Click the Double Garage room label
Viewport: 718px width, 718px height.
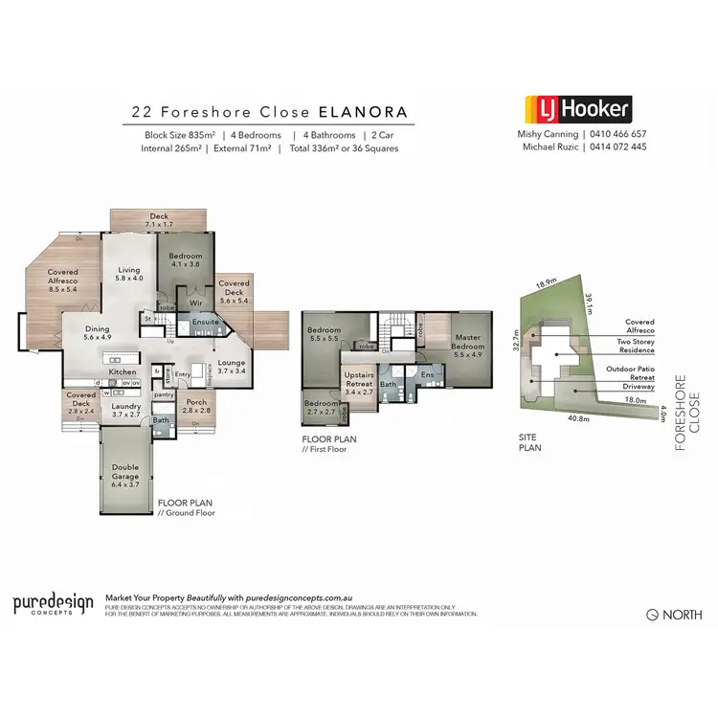tap(125, 473)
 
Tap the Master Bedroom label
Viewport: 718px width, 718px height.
tap(469, 342)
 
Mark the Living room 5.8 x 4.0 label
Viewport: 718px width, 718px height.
tap(129, 274)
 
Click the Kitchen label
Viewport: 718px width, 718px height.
tap(123, 371)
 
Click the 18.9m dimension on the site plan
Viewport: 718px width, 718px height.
tap(547, 283)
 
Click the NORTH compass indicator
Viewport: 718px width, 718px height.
tap(674, 615)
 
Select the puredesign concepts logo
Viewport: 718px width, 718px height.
tap(53, 604)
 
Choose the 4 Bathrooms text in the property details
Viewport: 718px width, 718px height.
tap(329, 135)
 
